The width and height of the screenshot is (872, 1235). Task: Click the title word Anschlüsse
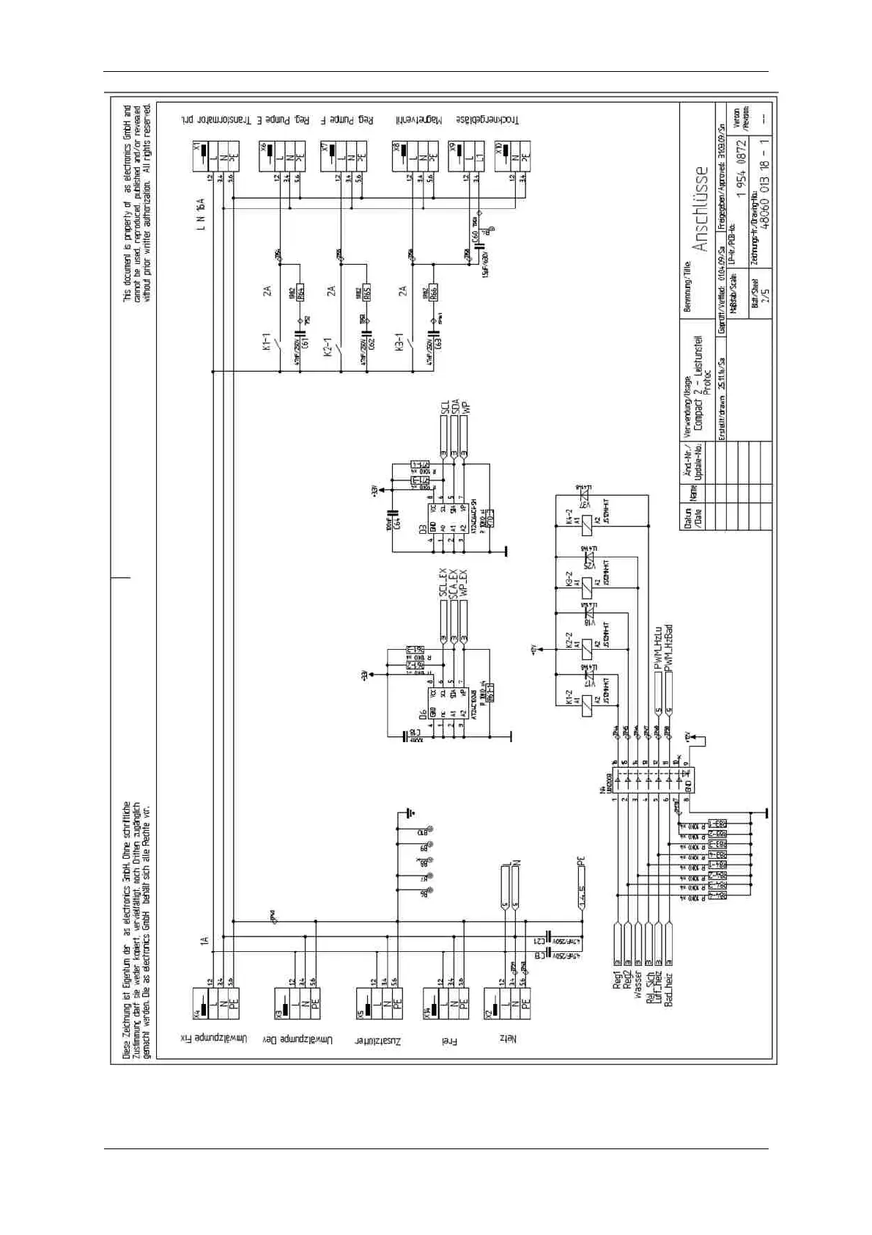[x=701, y=209]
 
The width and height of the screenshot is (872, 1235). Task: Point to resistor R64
[x=299, y=290]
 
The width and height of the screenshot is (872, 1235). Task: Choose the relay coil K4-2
[x=587, y=522]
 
